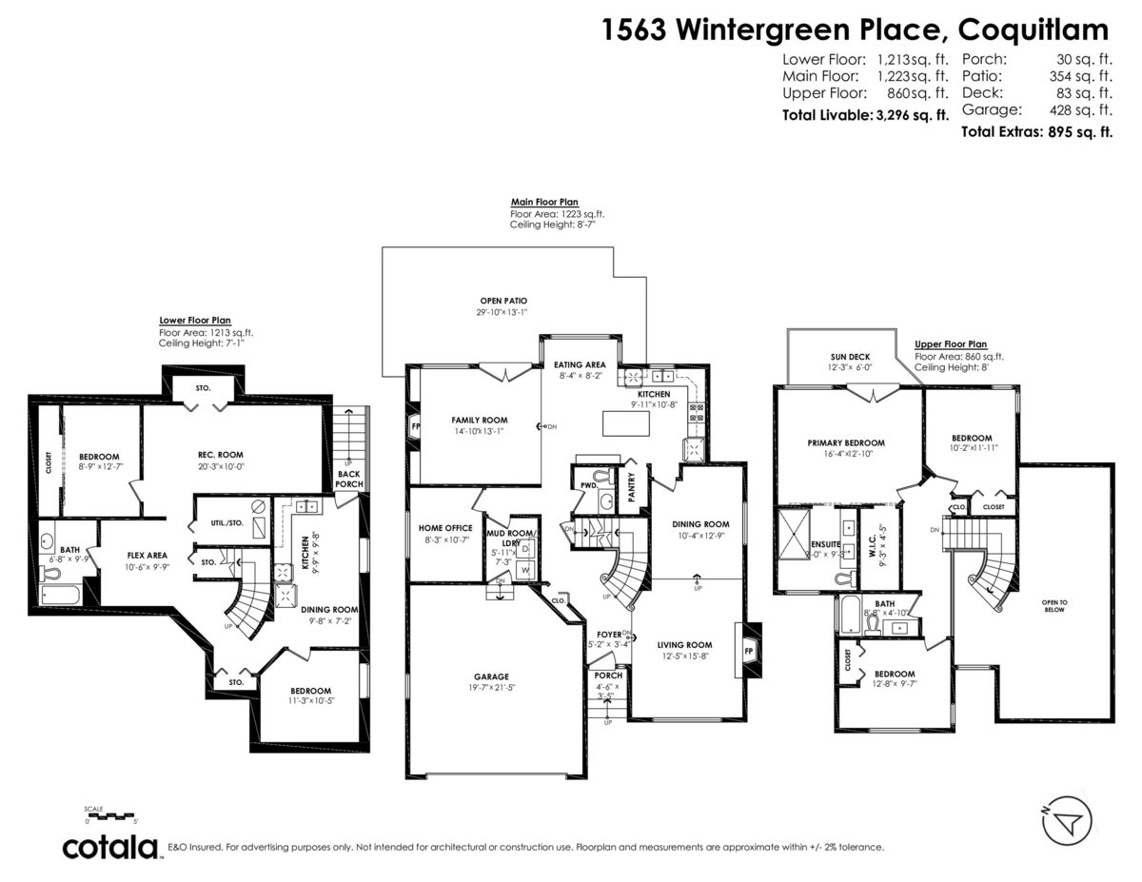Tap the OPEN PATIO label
pos(503,301)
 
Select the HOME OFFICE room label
pos(445,527)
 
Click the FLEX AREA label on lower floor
pos(148,555)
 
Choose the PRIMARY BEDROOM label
pos(846,442)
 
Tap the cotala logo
pos(110,847)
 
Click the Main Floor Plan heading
pos(543,202)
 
